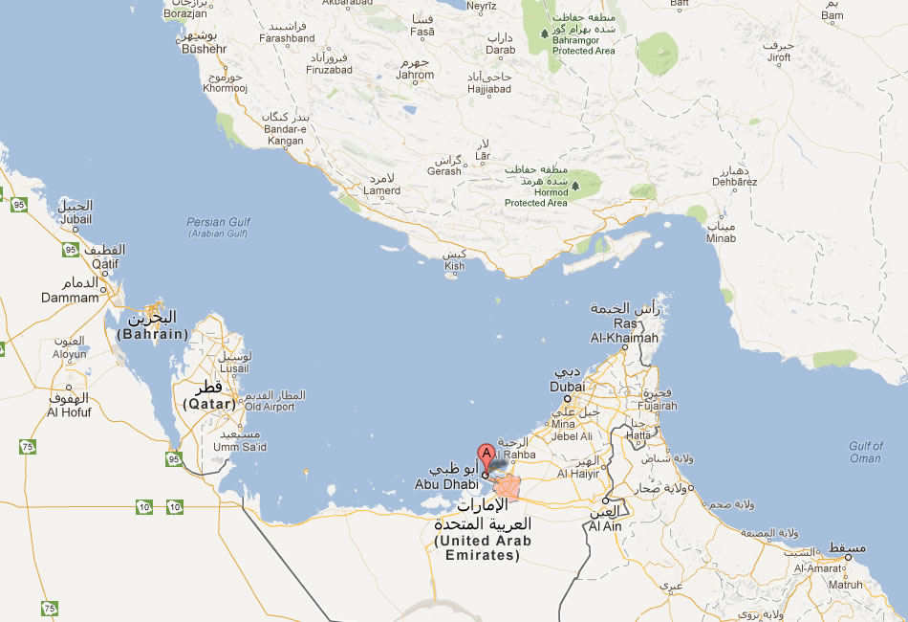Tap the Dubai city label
coord(567,387)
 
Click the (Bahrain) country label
coord(152,334)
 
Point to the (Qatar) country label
coord(208,405)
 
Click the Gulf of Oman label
coord(865,452)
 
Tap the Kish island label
coord(454,266)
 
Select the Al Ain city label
coord(605,526)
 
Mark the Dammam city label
coord(70,298)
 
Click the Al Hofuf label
coord(69,412)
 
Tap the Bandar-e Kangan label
coord(284,135)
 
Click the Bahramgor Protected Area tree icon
coord(546,33)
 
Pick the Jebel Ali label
coord(573,436)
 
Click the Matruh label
coord(845,584)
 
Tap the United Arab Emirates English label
coord(482,547)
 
